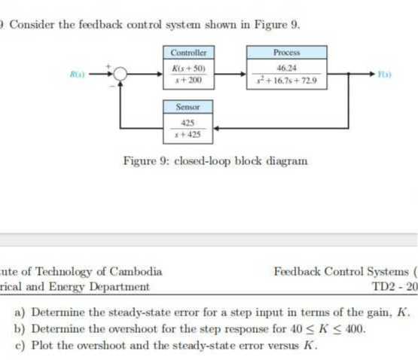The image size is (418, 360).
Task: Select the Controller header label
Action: click(x=188, y=53)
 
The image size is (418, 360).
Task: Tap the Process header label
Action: click(x=287, y=53)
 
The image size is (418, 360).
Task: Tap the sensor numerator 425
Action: click(x=188, y=124)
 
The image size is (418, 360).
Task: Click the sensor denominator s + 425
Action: click(x=188, y=134)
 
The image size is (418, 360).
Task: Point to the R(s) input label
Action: click(x=77, y=73)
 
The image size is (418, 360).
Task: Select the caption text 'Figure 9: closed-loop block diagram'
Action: click(x=215, y=160)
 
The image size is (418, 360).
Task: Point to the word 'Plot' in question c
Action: click(x=43, y=346)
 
